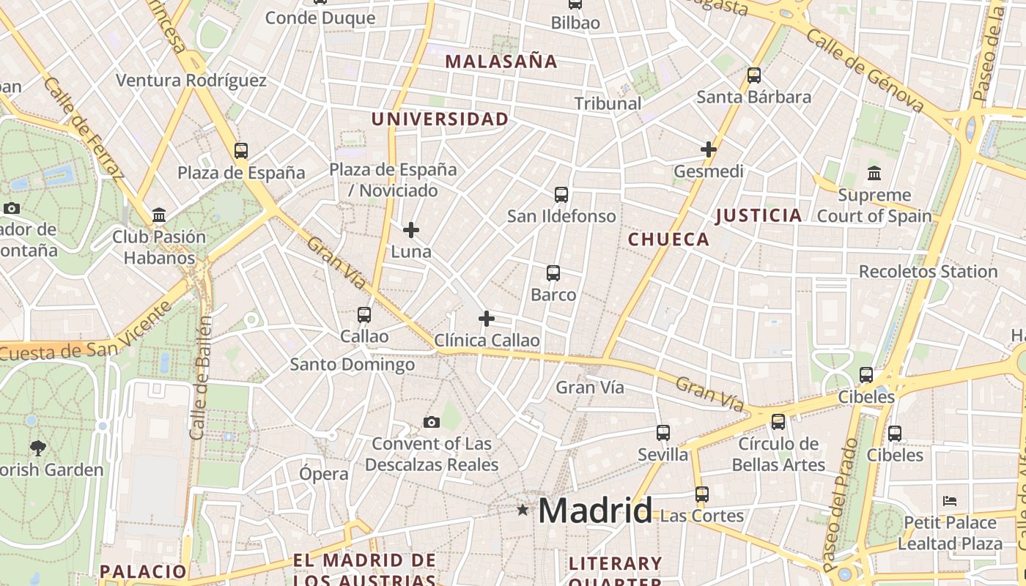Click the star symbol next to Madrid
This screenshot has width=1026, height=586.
tap(523, 509)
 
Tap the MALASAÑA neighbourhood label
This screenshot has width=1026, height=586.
tap(501, 62)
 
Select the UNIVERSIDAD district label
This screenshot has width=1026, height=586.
tap(440, 119)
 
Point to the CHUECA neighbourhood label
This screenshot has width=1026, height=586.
tap(668, 240)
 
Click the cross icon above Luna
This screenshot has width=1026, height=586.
tap(411, 230)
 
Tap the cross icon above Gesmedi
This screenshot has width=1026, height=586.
tap(709, 149)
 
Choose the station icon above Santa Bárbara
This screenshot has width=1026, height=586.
tap(754, 75)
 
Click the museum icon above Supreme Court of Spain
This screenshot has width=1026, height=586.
tap(874, 174)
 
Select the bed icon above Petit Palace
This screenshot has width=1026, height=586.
tap(950, 501)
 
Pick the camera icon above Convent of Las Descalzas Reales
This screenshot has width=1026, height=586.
tap(432, 422)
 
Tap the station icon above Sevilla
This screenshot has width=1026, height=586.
tap(663, 432)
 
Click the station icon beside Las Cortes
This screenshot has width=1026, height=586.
tap(702, 494)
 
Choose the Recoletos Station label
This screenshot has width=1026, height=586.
tap(928, 272)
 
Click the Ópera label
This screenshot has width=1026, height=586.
tap(324, 474)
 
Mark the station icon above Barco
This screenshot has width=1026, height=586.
tap(553, 273)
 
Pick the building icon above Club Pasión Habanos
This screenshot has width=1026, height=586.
tap(159, 215)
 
